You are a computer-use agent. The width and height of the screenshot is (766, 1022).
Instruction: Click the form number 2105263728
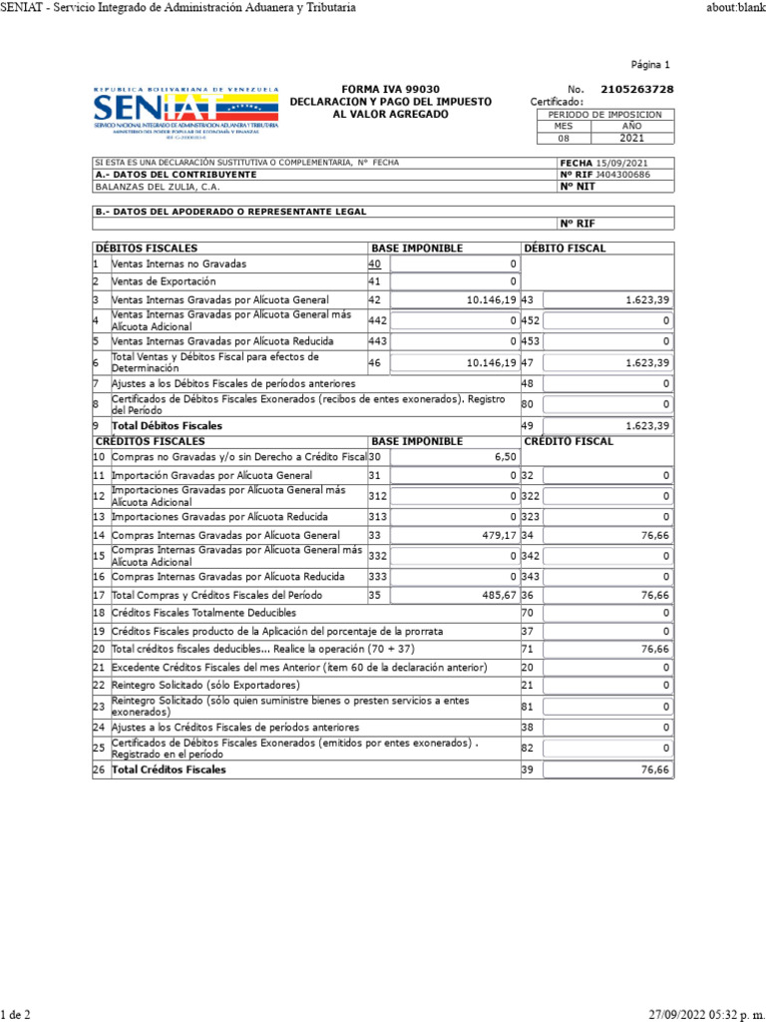click(636, 89)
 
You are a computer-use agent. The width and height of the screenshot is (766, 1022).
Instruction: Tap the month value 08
click(564, 139)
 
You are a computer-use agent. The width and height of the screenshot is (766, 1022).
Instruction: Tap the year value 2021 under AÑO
click(632, 139)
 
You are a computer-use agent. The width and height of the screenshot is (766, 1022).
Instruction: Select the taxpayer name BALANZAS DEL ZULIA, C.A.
click(158, 186)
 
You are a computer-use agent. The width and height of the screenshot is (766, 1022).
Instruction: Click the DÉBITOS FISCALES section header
click(146, 248)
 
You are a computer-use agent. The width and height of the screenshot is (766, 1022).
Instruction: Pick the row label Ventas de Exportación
click(162, 281)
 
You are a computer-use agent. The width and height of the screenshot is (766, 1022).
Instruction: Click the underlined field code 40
click(374, 263)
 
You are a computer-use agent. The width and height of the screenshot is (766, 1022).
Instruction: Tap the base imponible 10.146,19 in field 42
click(491, 299)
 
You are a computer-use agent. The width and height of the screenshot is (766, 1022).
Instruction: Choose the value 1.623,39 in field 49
click(646, 425)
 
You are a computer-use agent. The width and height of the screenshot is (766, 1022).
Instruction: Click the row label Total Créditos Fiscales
click(168, 769)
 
